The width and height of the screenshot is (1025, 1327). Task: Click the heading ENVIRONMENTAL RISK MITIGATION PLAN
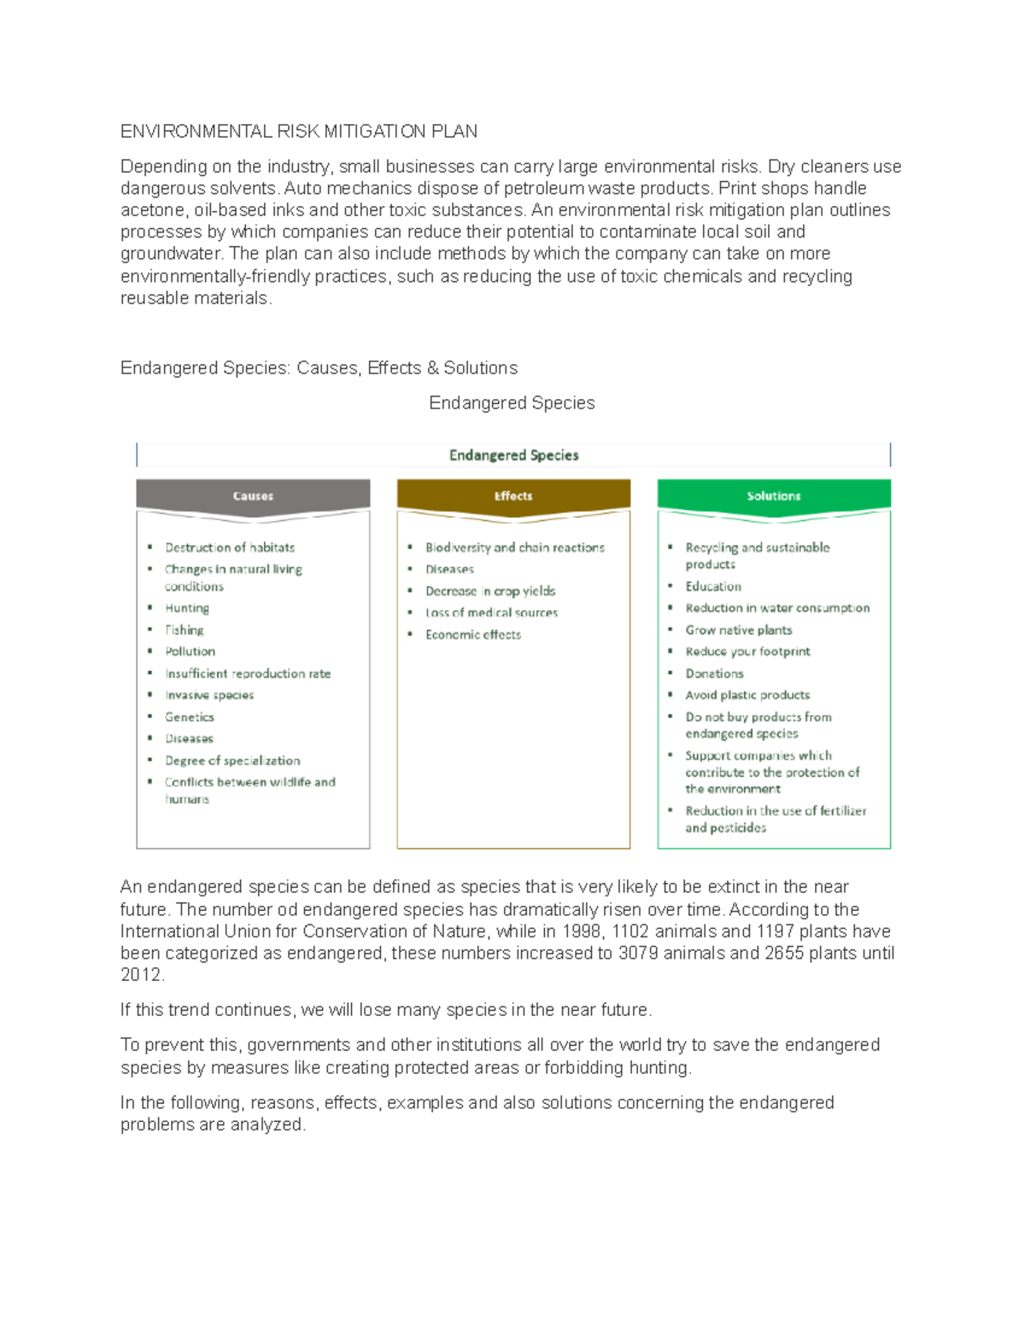[298, 132]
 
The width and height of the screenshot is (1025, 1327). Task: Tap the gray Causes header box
[253, 496]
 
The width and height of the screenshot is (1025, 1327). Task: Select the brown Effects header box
[513, 496]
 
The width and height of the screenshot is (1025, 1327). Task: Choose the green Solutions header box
[774, 496]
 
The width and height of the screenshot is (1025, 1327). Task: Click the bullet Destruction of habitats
[230, 548]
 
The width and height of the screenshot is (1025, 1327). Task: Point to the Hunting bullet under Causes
[187, 608]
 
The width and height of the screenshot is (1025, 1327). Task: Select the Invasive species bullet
[209, 696]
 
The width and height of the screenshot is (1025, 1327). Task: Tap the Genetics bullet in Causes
[190, 717]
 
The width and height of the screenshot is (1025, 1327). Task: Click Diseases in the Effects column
[449, 569]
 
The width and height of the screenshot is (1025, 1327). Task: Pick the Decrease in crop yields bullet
[490, 591]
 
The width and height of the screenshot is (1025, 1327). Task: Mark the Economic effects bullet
[473, 635]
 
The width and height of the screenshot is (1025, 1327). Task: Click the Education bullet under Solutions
[713, 586]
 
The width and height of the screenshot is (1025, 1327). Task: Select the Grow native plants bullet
[739, 630]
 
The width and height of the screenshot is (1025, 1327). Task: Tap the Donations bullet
[714, 673]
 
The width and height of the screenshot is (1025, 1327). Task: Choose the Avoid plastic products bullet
[747, 696]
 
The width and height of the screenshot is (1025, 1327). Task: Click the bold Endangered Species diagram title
[513, 455]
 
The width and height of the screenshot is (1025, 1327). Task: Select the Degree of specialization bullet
[232, 760]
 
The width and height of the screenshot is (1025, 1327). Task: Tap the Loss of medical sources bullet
[491, 613]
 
